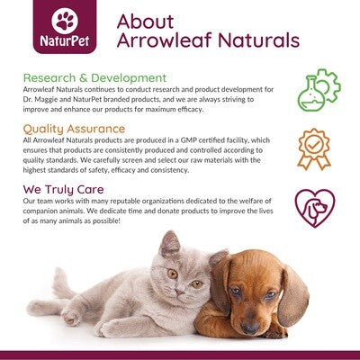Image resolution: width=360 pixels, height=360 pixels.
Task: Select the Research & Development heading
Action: [94, 77]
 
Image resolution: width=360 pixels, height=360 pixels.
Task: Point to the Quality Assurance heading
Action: [75, 129]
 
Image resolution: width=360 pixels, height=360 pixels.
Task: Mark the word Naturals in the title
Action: [255, 41]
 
